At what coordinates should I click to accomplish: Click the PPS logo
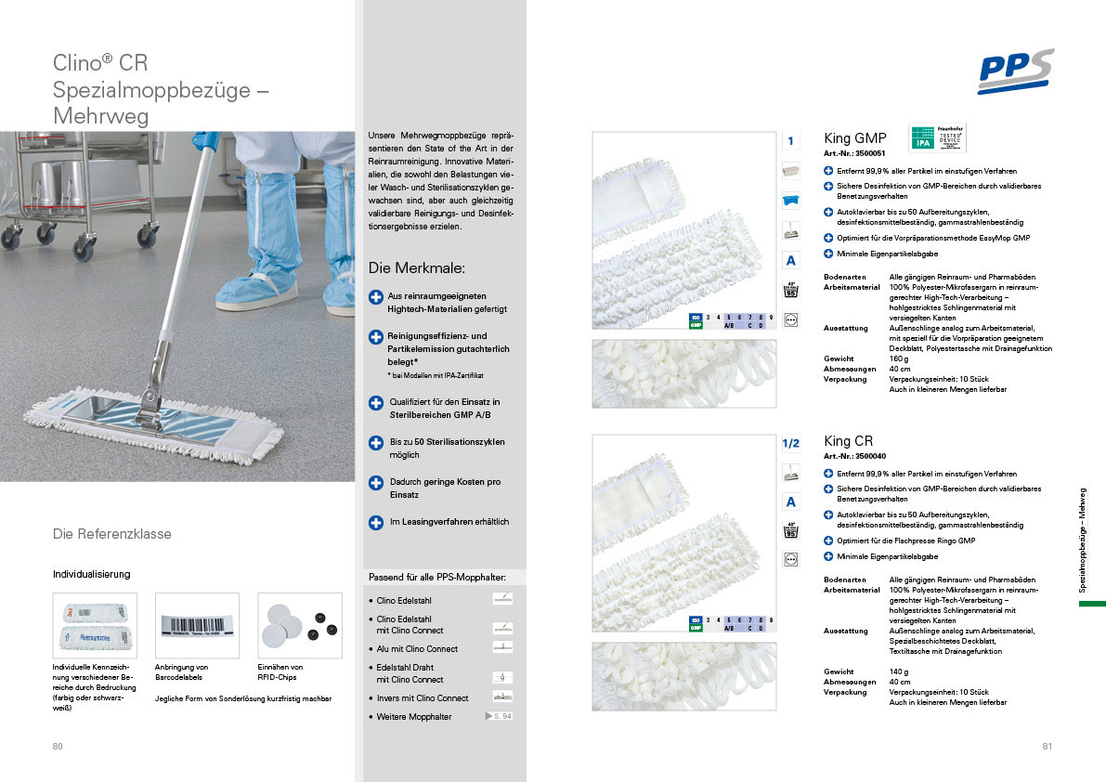(1015, 71)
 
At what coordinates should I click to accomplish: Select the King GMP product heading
(854, 138)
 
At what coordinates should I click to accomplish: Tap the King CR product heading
(848, 441)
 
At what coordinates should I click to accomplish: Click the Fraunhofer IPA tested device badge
(936, 138)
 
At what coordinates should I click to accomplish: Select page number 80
(58, 747)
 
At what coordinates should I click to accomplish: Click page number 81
(1047, 747)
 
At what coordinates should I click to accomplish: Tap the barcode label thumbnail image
(197, 626)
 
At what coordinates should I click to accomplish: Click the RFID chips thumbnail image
(299, 626)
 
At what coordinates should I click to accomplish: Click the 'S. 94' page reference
(500, 716)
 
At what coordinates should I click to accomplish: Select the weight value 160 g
(900, 358)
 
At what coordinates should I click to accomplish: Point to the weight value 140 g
(900, 671)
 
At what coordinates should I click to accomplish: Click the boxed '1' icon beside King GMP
(790, 141)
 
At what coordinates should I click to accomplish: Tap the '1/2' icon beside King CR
(790, 444)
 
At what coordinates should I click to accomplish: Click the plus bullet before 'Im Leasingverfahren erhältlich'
(376, 523)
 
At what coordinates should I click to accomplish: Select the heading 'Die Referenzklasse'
(112, 534)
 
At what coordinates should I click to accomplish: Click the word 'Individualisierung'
(91, 574)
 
